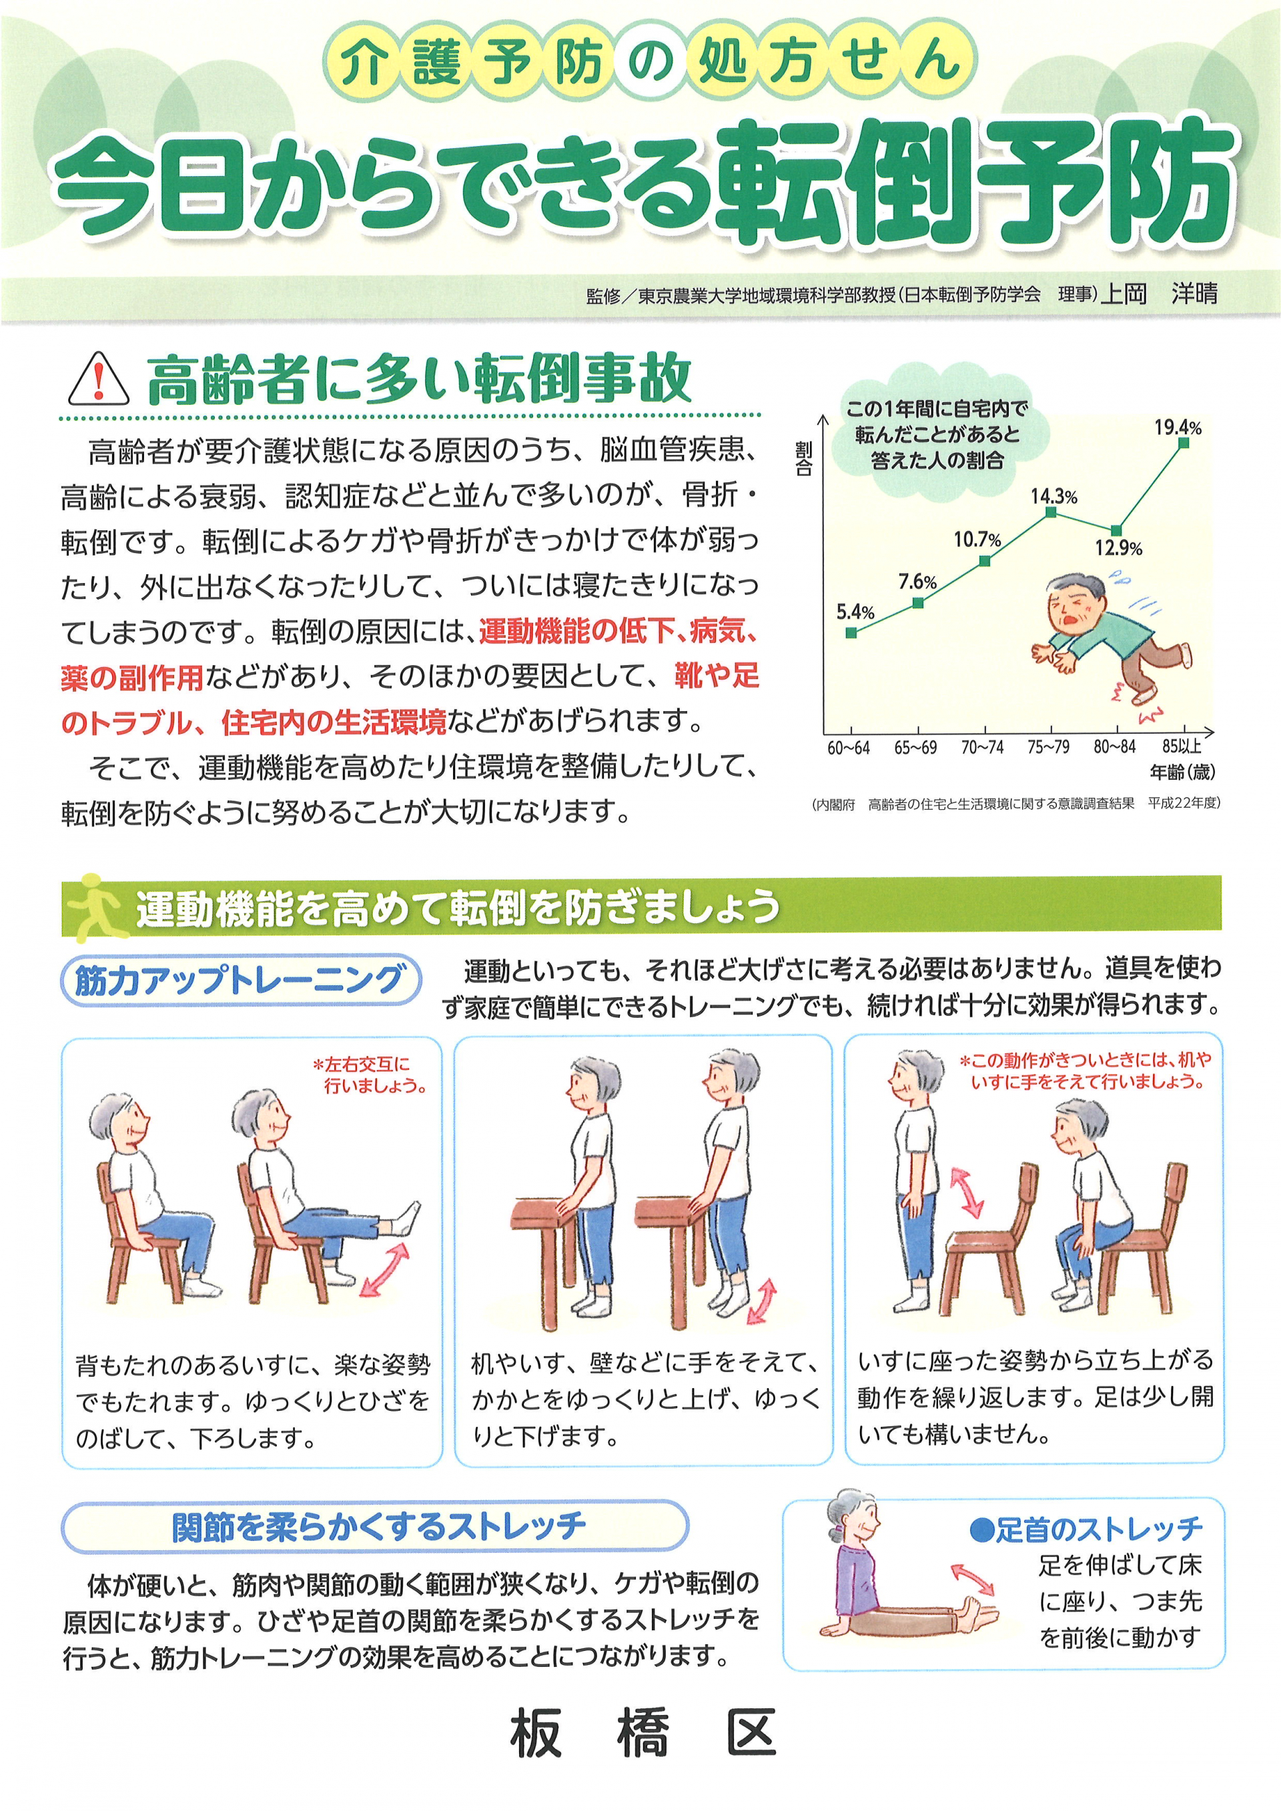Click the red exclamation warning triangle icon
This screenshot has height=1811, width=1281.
coord(99,380)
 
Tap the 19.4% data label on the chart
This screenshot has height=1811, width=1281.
coord(1178,428)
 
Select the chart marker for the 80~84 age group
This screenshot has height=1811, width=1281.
coord(1116,530)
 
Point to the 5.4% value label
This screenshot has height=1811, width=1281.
coord(855,612)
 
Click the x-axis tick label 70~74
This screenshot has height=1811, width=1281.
coord(982,747)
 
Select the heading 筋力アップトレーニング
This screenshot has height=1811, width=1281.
coord(240,981)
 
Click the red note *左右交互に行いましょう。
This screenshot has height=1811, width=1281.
coord(371,1075)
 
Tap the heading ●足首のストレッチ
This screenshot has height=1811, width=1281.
coord(1086,1529)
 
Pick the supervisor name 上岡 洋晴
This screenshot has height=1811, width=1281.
coord(1159,293)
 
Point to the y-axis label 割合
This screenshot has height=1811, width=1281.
coord(804,458)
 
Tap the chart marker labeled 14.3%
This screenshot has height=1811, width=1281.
coord(1051,512)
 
